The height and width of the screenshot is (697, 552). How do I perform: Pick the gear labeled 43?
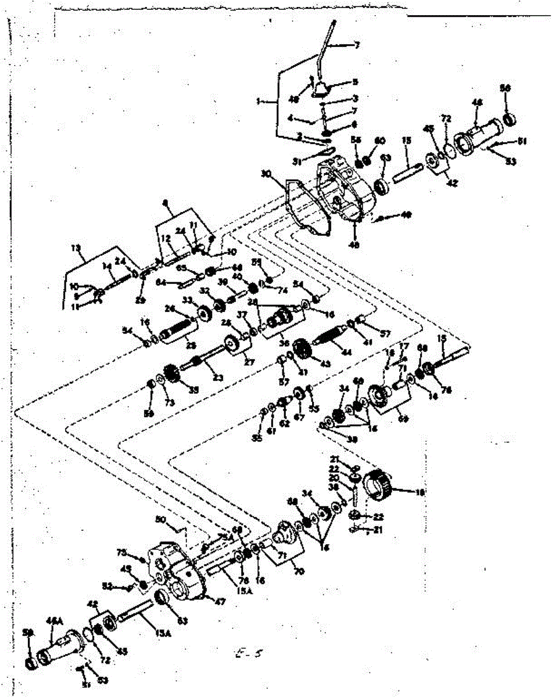(x=302, y=350)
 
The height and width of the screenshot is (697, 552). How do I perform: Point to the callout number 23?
(x=217, y=378)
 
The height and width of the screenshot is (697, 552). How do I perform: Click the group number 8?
(x=166, y=203)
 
